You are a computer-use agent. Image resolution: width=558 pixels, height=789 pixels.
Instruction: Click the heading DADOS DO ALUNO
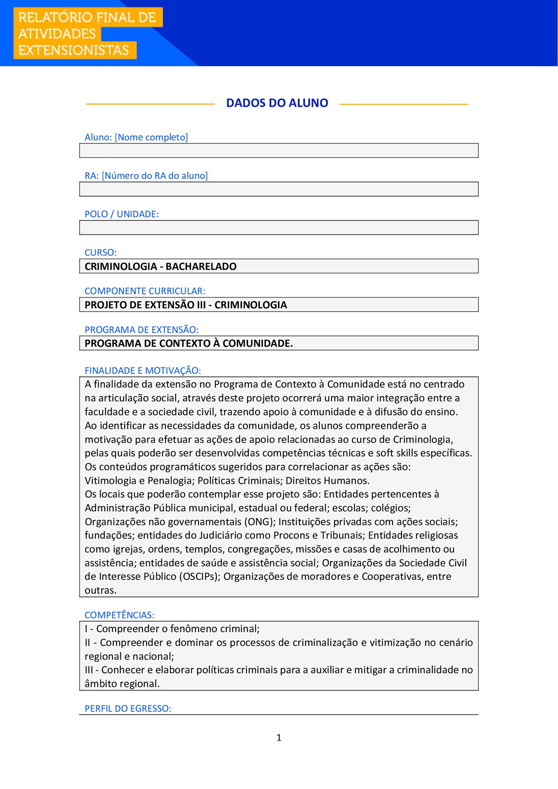coord(277,103)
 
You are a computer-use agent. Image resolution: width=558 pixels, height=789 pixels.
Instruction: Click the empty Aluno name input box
coord(279,151)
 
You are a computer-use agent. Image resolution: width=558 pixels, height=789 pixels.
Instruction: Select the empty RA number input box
coord(279,189)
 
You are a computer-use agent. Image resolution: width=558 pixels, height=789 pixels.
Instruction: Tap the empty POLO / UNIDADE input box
coord(279,227)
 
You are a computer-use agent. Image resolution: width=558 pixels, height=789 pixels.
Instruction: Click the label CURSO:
coord(100,252)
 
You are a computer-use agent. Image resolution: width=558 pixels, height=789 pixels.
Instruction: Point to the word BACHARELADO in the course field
coord(201,266)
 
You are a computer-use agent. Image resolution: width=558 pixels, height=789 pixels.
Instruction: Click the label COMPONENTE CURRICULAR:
coord(145,291)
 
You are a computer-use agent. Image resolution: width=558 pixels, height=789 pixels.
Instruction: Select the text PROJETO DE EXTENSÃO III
coord(145,305)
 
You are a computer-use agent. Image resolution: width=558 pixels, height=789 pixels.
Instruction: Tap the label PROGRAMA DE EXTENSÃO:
coord(141,329)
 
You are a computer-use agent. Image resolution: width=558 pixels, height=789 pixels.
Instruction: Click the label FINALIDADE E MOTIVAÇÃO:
coord(143,370)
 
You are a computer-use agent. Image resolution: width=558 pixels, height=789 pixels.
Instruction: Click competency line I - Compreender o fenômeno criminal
coord(172,629)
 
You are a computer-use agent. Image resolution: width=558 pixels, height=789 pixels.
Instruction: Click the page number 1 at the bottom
coord(279,737)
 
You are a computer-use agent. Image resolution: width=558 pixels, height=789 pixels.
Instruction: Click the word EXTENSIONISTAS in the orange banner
coord(74,50)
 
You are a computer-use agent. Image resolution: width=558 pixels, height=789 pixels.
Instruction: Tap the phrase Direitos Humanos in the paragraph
coord(327,480)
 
